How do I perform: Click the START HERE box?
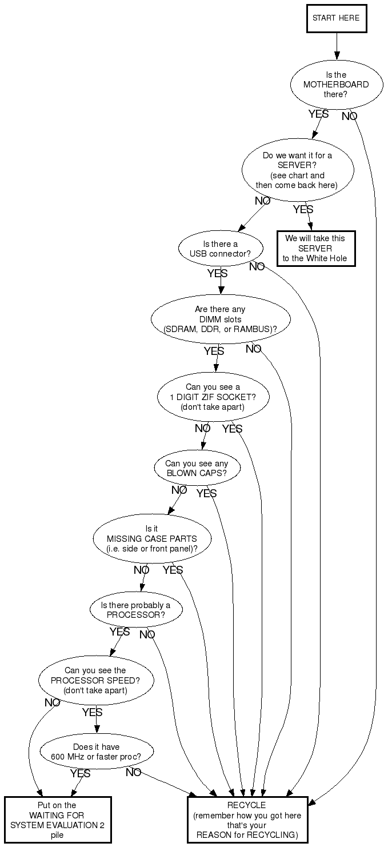pos(336,18)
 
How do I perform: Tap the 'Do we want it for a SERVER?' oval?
pos(297,170)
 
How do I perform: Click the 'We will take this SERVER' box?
pos(315,249)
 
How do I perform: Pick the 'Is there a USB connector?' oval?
pos(221,249)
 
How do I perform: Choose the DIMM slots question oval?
pos(221,319)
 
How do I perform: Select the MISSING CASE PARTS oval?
pos(152,539)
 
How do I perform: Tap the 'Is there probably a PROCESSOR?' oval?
pos(136,610)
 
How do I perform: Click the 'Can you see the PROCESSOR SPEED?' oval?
pos(96,680)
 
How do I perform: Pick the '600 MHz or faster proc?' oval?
pos(97,751)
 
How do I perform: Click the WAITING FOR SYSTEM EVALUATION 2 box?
pos(57,820)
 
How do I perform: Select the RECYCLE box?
pos(247,820)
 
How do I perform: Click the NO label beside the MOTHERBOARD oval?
pos(350,117)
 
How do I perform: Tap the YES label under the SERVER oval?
pos(303,210)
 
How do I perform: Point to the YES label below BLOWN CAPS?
pos(206,493)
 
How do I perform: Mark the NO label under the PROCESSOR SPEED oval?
pos(53,703)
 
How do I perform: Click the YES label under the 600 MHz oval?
pos(80,773)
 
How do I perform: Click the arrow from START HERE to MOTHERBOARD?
pos(337,46)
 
